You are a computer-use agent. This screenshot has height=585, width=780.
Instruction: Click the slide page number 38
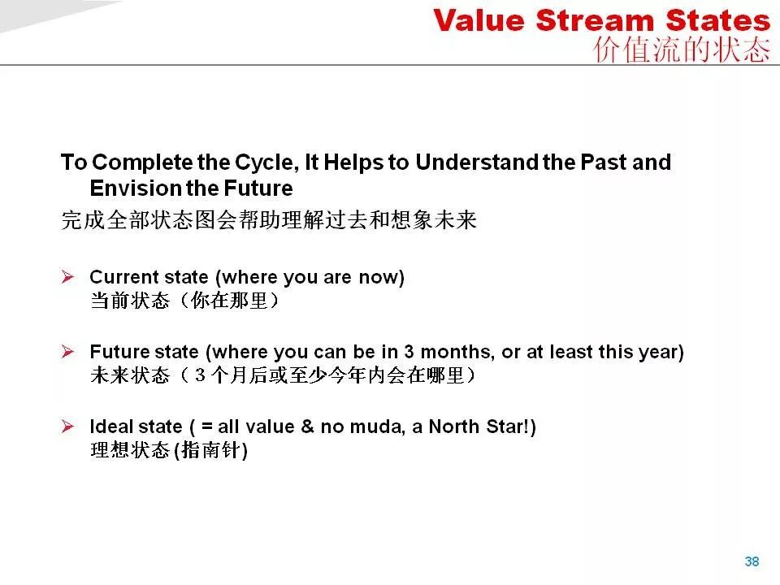click(752, 561)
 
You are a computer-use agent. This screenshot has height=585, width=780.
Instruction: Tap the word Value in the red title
click(479, 21)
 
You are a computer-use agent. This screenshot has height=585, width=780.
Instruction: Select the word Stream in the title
click(595, 21)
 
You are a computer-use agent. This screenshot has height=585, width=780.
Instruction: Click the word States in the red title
click(717, 21)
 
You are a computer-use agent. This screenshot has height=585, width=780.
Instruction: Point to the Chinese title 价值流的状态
click(682, 50)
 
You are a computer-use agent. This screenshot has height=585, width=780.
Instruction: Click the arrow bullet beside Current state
click(67, 276)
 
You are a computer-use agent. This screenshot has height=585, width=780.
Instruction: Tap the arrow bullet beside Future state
click(67, 352)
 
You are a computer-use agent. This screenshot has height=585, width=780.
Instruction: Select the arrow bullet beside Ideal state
click(67, 427)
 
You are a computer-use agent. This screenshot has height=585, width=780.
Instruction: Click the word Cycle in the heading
click(266, 163)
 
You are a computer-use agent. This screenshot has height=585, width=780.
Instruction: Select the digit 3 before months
click(409, 352)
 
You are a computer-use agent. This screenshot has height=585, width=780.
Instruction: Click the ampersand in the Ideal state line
click(307, 427)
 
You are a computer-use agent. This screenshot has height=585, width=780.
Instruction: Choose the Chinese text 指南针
click(211, 450)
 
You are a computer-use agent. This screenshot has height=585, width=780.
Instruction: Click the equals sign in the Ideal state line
click(207, 427)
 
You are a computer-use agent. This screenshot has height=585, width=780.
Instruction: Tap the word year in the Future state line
click(657, 353)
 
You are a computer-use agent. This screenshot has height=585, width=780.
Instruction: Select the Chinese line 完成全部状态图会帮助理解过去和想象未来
click(269, 220)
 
